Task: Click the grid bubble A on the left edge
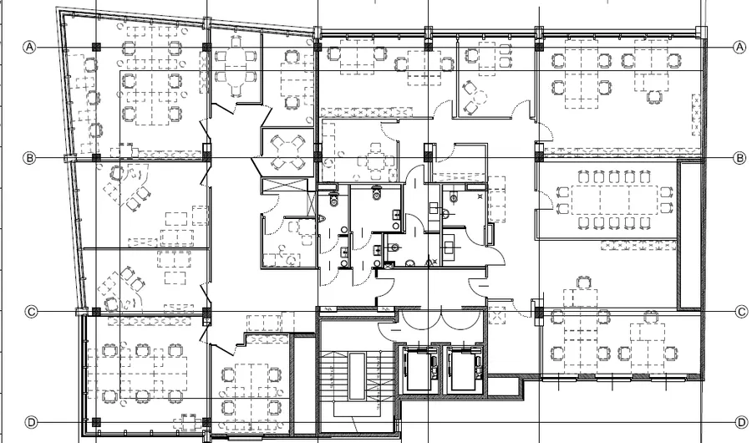pos(30,47)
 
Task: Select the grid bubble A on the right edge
pos(739,47)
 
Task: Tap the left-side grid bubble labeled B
pos(30,158)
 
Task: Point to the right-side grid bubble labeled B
pos(740,158)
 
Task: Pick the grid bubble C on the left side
pos(31,312)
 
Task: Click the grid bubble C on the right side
pos(741,312)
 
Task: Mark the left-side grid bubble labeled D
pos(31,422)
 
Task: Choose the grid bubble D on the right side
pos(741,422)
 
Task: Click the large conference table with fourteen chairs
pos(614,200)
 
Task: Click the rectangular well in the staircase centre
pos(357,376)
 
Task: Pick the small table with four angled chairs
pos(287,152)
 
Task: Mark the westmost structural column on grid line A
pos(96,47)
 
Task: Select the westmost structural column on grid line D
pos(96,422)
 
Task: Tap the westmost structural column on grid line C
pos(96,312)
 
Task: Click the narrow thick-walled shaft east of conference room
pos(689,235)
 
